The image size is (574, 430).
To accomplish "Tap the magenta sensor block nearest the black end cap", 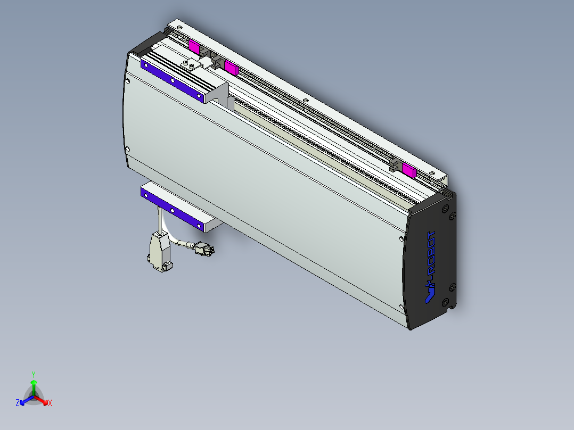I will point(408,170).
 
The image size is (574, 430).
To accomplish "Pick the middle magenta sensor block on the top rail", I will point(230,67).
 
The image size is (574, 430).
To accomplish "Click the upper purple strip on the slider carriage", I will point(172,80).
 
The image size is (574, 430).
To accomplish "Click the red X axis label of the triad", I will point(50,403).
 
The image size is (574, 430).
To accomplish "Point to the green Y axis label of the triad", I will point(34,374).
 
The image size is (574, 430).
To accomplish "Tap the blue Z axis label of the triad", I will point(18,403).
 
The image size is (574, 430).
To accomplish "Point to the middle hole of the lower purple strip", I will point(173,211).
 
